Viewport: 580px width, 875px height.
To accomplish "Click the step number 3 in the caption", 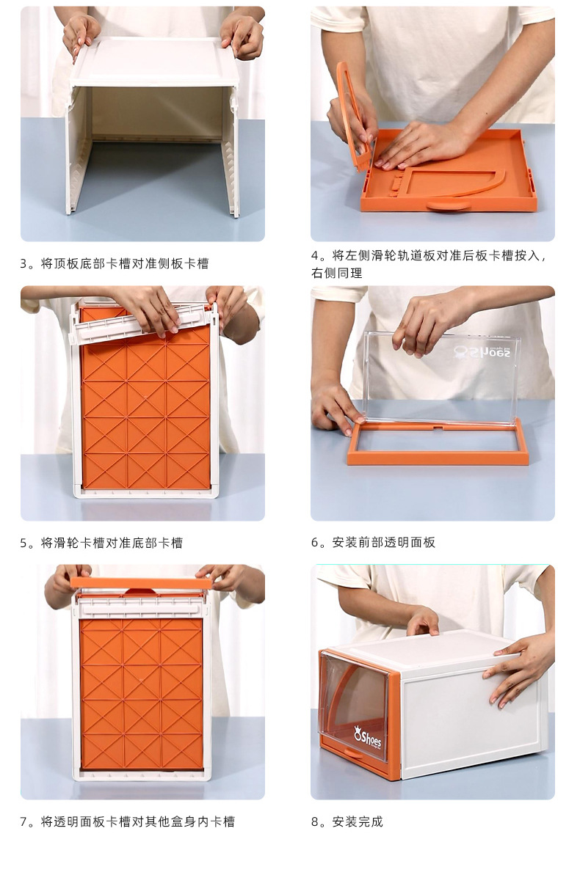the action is click(24, 264).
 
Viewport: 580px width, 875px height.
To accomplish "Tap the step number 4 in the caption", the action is click(315, 255).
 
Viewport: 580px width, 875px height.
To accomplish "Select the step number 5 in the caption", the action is click(24, 543).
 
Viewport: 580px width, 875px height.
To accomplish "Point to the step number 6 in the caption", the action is click(315, 543).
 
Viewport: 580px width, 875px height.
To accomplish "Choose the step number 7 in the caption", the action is click(24, 822).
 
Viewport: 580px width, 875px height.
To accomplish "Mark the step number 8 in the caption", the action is click(315, 822).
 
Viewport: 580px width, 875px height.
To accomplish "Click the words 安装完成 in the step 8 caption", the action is click(358, 822).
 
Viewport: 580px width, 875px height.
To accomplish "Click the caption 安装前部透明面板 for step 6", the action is click(384, 543).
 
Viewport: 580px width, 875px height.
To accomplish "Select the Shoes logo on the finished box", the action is click(368, 736).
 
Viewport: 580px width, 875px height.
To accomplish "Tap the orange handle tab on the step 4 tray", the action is click(448, 205).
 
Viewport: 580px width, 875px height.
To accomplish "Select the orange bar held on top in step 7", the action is click(141, 582).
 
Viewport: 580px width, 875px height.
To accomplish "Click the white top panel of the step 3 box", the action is click(154, 62).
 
